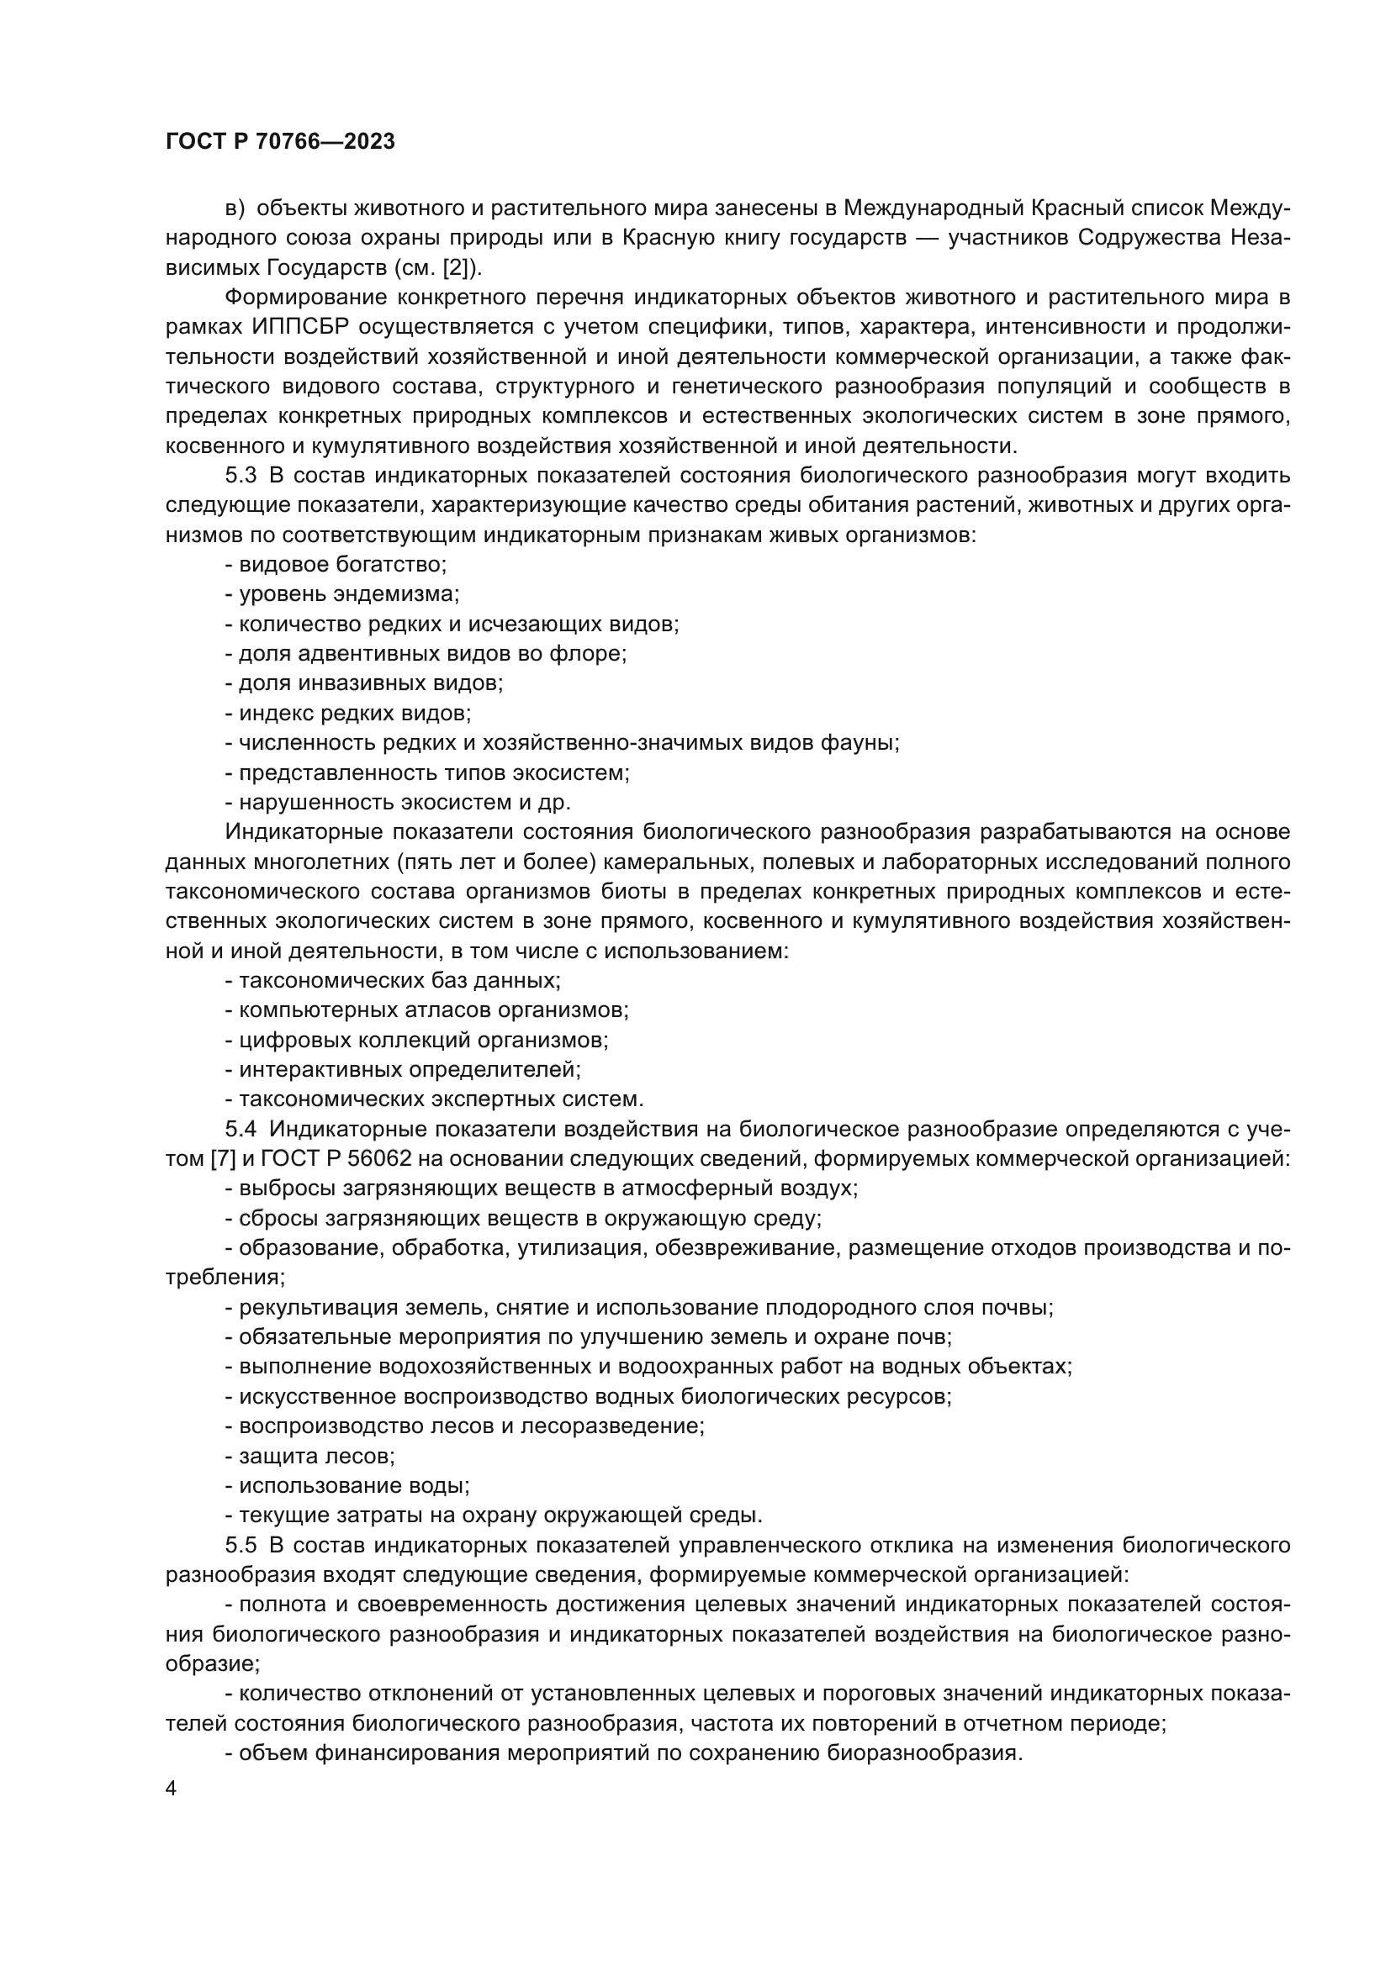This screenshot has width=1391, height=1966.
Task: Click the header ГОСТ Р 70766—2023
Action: (x=280, y=142)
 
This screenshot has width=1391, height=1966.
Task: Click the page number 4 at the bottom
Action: (x=172, y=1789)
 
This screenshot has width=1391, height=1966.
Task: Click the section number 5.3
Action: (x=241, y=475)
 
